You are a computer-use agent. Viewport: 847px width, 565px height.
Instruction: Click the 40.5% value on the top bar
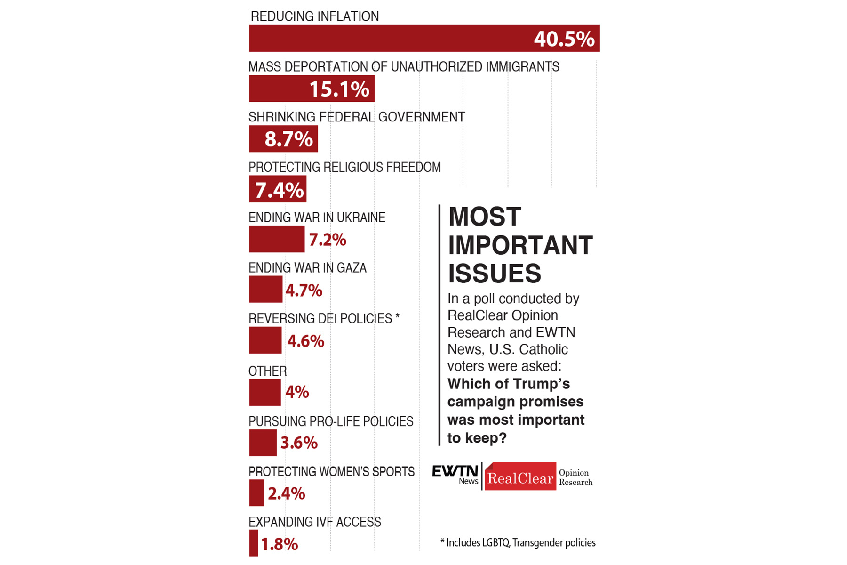(564, 39)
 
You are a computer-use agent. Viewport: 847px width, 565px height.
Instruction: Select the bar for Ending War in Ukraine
(276, 239)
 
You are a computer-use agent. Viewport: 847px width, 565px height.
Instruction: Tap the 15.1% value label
(339, 89)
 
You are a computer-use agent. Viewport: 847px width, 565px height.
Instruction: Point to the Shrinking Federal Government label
(357, 117)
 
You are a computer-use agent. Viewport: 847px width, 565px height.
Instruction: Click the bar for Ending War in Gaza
(265, 289)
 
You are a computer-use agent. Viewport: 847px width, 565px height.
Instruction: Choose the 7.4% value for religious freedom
(279, 190)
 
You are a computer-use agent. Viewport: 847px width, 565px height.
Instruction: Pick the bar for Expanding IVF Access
(254, 543)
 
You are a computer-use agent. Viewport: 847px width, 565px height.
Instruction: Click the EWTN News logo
(455, 475)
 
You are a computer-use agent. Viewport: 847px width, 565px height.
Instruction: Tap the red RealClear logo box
(520, 477)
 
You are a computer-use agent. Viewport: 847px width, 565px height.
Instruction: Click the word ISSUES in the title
(495, 274)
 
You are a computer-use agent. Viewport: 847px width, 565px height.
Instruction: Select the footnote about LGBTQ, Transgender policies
(518, 543)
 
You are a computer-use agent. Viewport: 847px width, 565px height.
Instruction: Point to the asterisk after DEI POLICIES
(397, 317)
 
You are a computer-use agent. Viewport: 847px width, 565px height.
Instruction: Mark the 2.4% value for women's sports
(286, 493)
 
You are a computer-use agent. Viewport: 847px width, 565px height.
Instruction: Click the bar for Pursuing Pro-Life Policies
(263, 443)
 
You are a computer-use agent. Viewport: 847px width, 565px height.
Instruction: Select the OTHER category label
(267, 371)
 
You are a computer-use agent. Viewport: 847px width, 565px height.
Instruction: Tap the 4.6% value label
(305, 341)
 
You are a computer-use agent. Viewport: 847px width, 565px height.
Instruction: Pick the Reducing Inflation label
(314, 16)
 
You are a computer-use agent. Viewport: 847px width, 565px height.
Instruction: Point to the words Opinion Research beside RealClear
(575, 477)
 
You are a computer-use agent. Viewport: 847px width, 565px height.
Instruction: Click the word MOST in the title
(485, 217)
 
